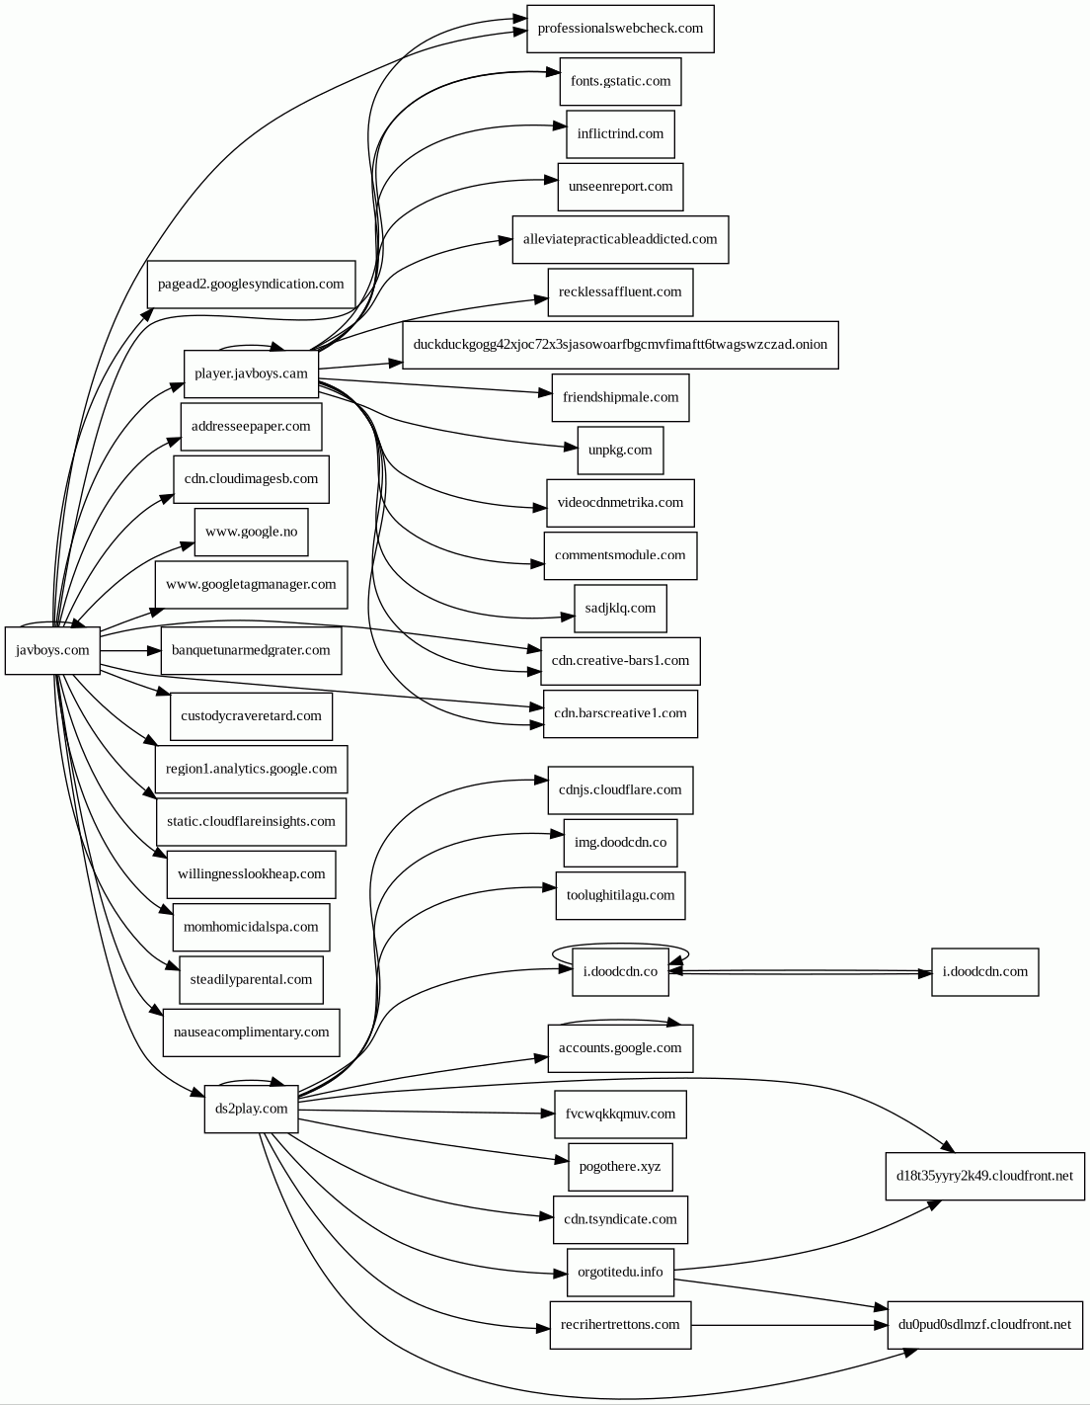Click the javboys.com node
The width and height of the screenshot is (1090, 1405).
point(52,650)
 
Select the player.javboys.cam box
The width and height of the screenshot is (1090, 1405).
point(251,373)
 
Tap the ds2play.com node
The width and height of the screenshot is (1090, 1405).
point(251,1109)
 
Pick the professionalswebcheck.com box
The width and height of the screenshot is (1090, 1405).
point(620,29)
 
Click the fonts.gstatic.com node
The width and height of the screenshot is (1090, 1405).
point(620,81)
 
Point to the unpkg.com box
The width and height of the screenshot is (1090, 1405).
point(620,451)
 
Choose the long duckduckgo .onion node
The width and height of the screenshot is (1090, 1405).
point(620,345)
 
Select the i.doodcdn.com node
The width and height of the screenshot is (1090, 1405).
point(984,971)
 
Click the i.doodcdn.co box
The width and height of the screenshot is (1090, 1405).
point(620,972)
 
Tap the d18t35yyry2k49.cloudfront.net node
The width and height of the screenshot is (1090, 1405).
point(984,1176)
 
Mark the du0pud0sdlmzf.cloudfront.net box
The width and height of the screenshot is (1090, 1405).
point(984,1325)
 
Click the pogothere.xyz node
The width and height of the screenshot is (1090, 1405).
point(620,1167)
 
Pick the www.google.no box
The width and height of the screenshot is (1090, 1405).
point(251,532)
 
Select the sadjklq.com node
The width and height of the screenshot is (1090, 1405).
point(620,609)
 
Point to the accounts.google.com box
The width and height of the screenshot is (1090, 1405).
point(620,1048)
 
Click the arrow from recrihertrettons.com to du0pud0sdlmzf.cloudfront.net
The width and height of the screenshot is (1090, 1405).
point(790,1325)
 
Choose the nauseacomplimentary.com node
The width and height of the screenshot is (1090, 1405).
point(251,1033)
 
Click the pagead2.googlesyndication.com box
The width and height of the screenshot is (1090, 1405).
point(251,285)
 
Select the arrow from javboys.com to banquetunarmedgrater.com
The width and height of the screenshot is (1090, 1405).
point(129,651)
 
